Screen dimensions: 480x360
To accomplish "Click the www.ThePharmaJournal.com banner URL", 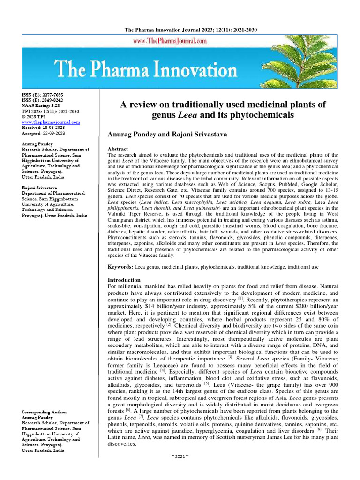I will pos(170,41).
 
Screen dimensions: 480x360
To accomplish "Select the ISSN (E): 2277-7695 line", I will pos(42,95).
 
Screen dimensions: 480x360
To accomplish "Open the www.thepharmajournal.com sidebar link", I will pos(51,122).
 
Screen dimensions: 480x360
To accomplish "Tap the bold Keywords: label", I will pos(120,266).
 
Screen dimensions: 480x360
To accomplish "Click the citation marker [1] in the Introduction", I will pos(240,298).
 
